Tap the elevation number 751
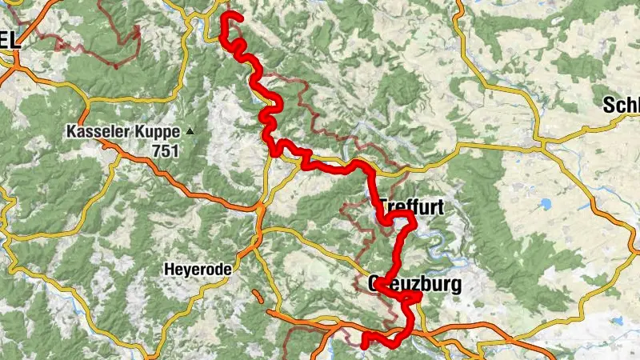(x=166, y=150)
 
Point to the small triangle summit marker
(x=190, y=130)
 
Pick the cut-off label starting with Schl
(x=622, y=106)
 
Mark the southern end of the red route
(x=365, y=345)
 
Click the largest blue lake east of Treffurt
(x=544, y=204)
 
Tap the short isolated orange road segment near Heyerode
(x=257, y=296)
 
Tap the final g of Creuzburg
(x=456, y=286)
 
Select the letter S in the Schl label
(x=610, y=106)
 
